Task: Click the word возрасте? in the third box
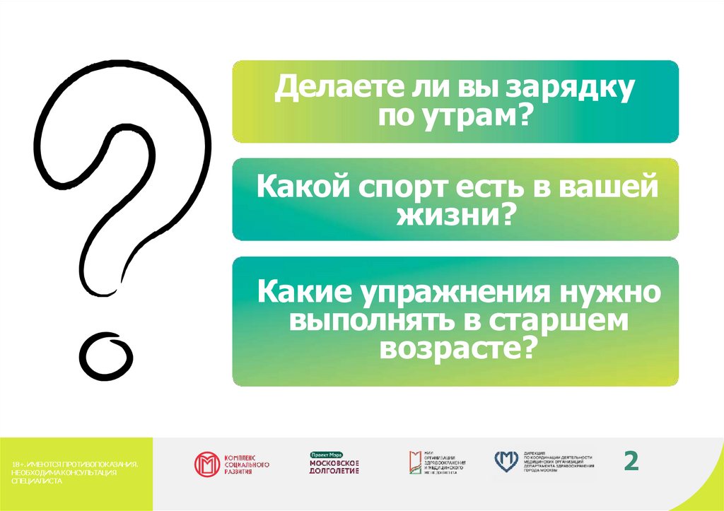pos(455,347)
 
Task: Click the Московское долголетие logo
pos(334,463)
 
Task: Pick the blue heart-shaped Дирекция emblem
pos(506,462)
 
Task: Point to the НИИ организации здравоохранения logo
pos(436,463)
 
